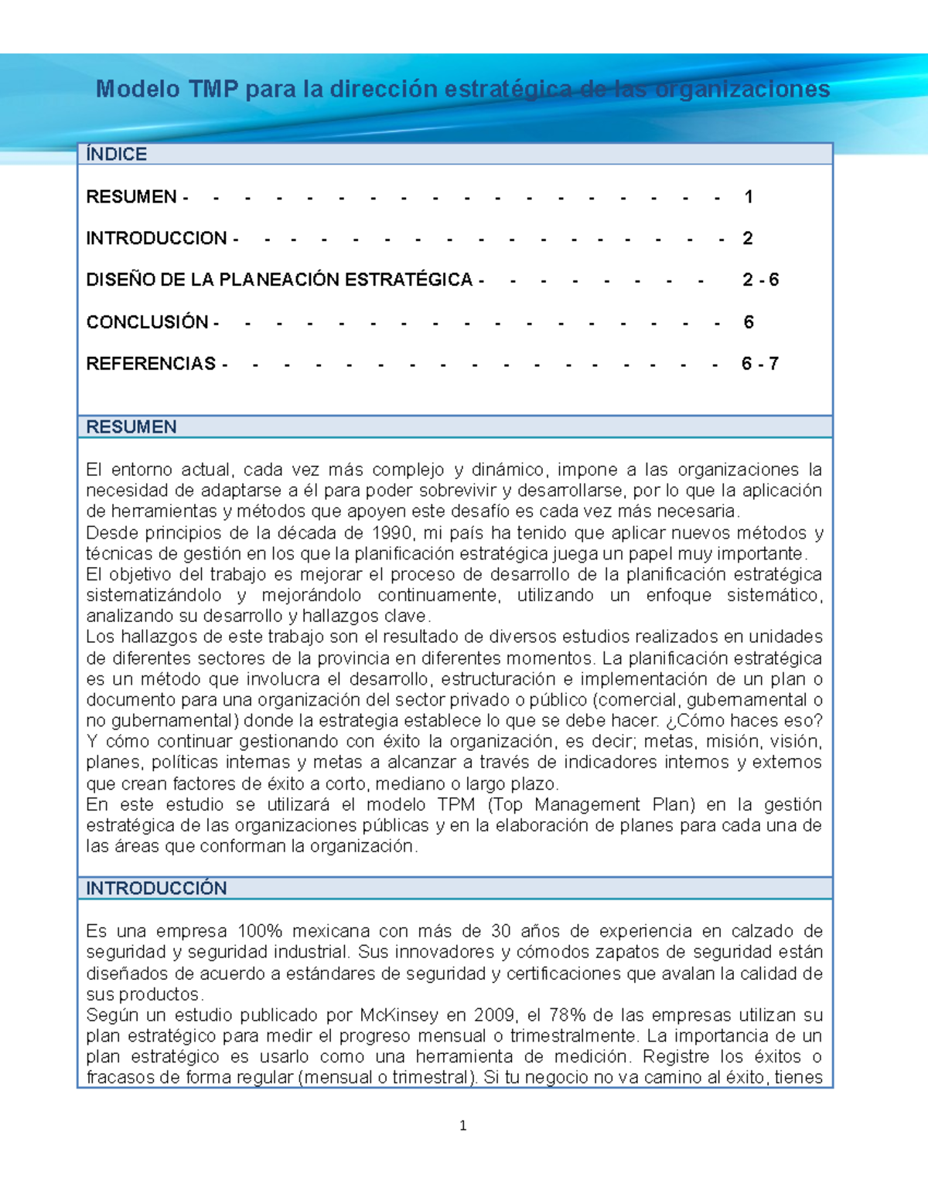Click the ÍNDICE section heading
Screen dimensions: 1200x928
[x=117, y=155]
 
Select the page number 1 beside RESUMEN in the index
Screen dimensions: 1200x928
[x=748, y=197]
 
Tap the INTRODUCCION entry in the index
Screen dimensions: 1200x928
[x=156, y=239]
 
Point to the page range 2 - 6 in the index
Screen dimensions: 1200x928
[x=760, y=280]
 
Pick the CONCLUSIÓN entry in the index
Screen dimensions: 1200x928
[x=147, y=322]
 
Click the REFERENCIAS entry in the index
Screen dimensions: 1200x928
[x=151, y=364]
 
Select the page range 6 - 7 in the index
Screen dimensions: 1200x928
[x=759, y=364]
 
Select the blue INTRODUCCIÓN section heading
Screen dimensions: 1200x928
[x=156, y=889]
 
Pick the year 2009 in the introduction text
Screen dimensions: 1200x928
[x=495, y=1015]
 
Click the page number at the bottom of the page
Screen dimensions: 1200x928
[x=462, y=1126]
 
